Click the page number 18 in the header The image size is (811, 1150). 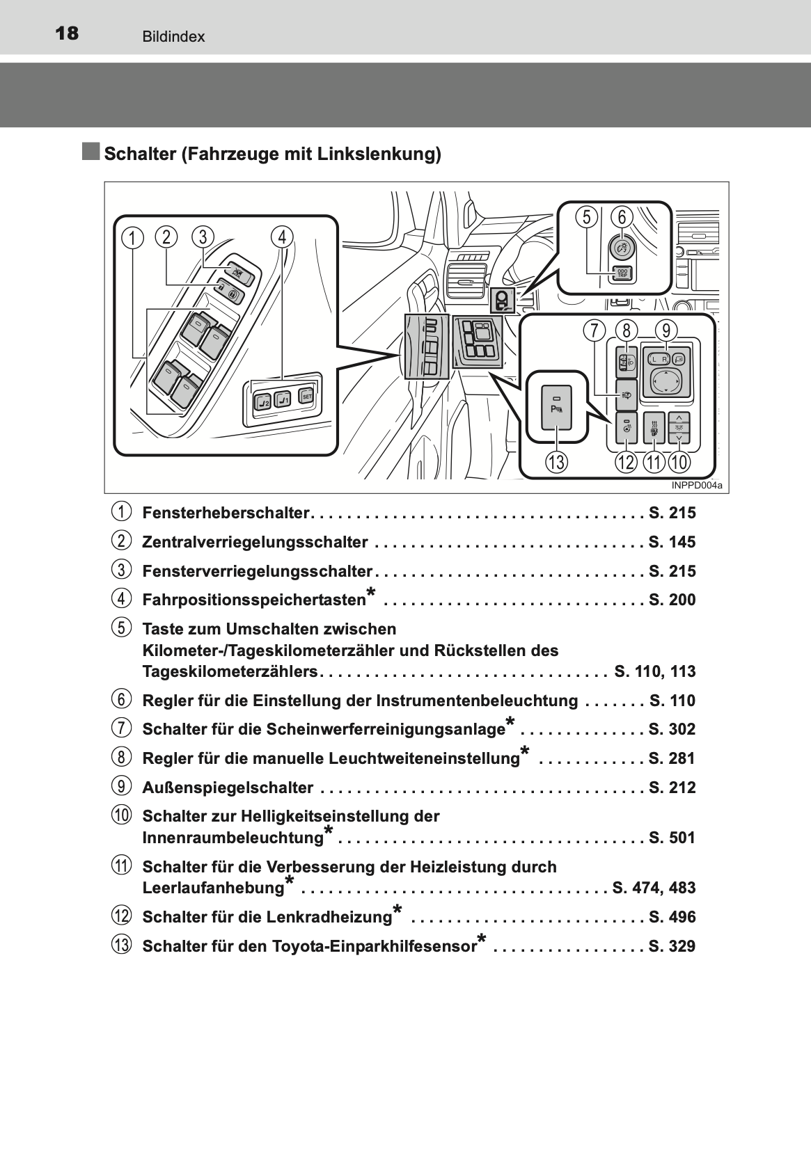point(67,34)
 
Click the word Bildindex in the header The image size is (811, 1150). point(173,37)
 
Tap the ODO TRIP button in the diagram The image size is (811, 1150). point(622,274)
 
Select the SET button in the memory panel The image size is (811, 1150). point(306,396)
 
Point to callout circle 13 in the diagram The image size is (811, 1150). point(556,463)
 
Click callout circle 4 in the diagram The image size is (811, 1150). point(282,237)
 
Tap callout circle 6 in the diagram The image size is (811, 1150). point(622,217)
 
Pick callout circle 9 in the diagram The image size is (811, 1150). point(666,330)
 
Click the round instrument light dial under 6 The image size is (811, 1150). point(622,248)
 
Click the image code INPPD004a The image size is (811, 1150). point(696,486)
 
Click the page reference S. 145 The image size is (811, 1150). point(672,542)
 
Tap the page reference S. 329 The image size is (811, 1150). point(672,946)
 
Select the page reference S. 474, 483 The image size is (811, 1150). point(654,888)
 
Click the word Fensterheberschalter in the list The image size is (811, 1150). point(226,513)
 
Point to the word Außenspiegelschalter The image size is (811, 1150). point(228,788)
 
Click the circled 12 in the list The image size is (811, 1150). point(121,916)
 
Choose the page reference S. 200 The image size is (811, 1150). point(672,600)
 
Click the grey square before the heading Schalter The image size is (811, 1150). point(91,152)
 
